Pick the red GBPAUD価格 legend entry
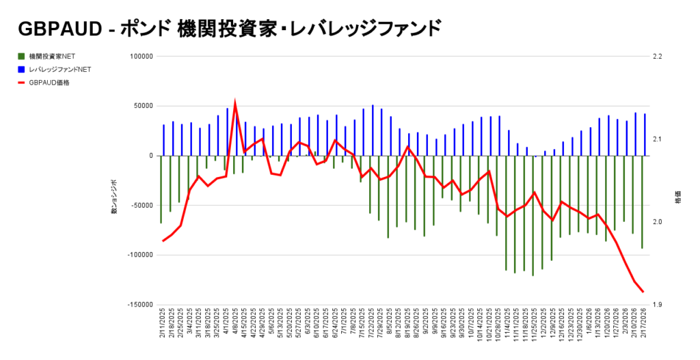49,83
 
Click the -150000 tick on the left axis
136,305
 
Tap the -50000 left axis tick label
138,206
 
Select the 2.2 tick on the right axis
658,57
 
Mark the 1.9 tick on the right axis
658,305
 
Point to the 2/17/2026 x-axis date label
643,330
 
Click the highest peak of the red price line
235,104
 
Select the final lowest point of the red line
643,292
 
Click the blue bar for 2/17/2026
645,135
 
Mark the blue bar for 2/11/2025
163,140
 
